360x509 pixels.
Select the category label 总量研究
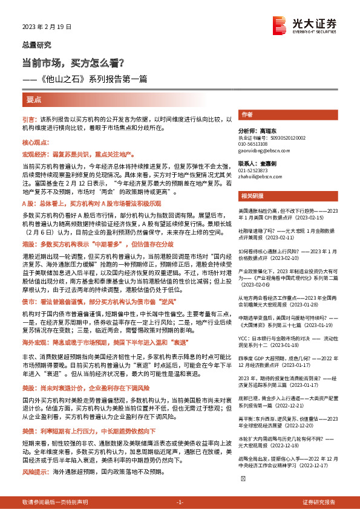coord(37,45)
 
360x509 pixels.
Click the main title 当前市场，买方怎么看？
coord(73,62)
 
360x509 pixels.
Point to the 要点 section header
coord(34,99)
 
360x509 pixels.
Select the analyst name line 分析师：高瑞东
coord(257,131)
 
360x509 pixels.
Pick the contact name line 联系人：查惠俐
coord(257,163)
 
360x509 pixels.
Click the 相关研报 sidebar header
coord(251,196)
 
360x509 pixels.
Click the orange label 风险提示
coord(36,470)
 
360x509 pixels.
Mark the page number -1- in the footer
coord(179,502)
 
